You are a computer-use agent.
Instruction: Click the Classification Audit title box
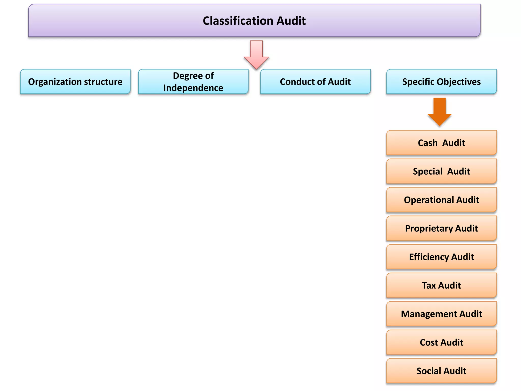[254, 20]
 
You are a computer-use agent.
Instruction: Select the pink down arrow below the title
[256, 55]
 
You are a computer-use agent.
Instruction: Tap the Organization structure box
[75, 82]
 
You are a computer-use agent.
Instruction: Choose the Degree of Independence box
[193, 82]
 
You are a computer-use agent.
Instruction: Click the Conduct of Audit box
[315, 82]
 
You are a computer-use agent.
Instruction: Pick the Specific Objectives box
[441, 82]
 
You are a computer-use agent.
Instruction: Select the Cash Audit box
[441, 143]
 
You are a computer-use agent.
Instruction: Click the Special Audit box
[441, 171]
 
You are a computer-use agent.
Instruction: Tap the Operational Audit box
[441, 200]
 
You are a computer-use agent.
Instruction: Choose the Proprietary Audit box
[441, 228]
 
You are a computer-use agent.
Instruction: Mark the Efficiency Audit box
[441, 257]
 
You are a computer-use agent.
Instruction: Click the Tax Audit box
[441, 285]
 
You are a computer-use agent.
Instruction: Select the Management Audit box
[441, 314]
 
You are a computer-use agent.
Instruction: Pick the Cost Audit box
[441, 342]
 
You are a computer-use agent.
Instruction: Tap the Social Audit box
[441, 371]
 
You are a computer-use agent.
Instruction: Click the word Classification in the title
[238, 21]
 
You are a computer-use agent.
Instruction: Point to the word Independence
[193, 88]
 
